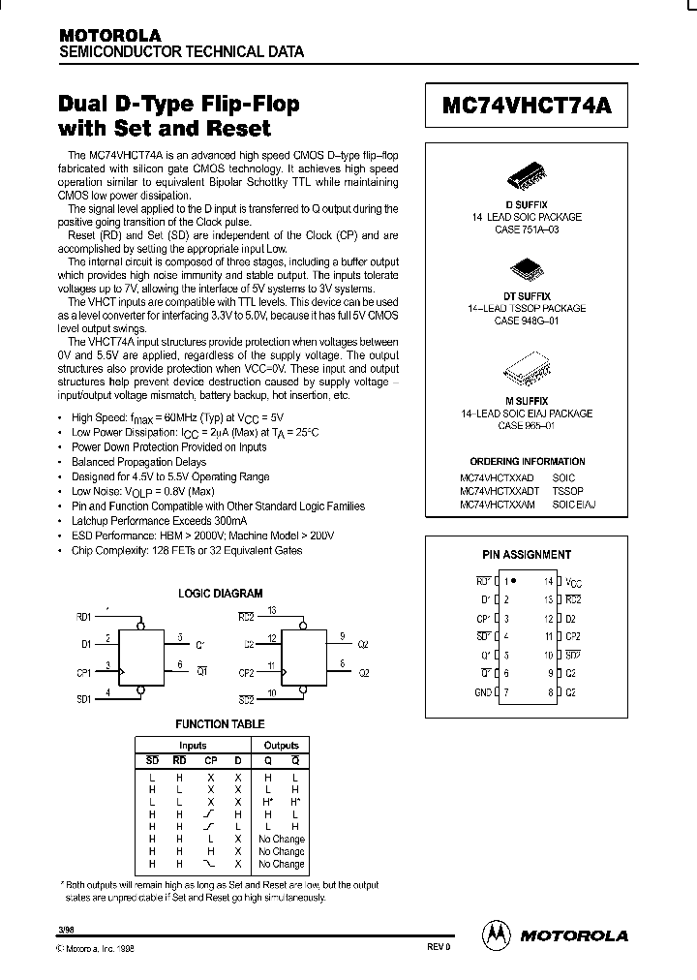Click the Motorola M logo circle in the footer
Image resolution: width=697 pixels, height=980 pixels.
pos(496,934)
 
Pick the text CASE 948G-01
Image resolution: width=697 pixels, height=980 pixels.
pos(527,320)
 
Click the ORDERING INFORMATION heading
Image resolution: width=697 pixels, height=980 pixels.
pos(527,462)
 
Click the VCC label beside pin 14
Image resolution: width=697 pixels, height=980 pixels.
pos(574,582)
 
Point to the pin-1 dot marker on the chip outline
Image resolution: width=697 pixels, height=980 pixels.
pos(513,580)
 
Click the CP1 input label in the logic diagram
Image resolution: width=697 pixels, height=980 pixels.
pos(83,670)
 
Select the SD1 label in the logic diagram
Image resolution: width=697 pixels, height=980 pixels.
pos(83,697)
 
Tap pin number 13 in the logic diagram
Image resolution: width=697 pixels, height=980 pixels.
pos(273,611)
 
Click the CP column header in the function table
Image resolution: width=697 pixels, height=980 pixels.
pos(211,760)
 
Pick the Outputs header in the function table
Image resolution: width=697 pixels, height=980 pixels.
pos(281,746)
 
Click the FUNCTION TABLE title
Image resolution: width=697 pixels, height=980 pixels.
pos(219,723)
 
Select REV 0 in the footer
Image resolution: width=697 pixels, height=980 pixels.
pos(439,946)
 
